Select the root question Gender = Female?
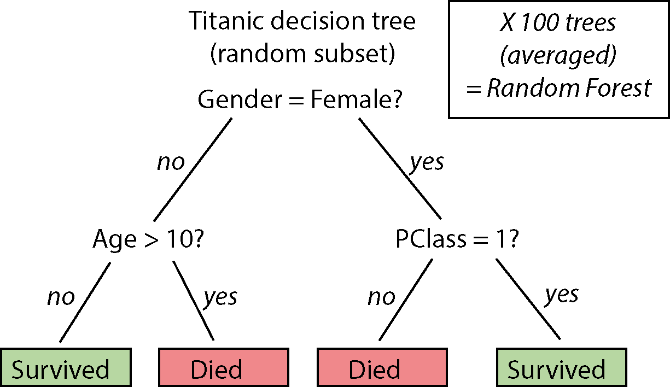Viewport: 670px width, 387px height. [300, 99]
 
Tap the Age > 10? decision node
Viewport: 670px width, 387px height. [148, 239]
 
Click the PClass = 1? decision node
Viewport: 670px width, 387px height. [457, 239]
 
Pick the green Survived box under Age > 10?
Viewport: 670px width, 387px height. [66, 367]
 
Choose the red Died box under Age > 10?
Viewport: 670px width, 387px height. [224, 367]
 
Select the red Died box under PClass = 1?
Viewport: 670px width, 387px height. [382, 367]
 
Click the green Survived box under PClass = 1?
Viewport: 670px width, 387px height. [561, 367]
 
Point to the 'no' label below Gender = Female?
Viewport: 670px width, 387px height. [171, 163]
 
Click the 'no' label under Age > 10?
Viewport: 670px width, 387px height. [61, 298]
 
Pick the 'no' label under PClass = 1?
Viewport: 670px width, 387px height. [382, 298]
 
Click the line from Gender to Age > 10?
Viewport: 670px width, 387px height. [193, 170]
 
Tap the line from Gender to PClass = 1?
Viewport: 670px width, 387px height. [400, 168]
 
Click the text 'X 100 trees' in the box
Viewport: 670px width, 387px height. [558, 23]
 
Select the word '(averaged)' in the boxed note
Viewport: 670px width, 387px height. [558, 56]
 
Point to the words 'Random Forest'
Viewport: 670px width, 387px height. [569, 88]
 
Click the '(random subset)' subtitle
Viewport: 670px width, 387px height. [302, 54]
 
